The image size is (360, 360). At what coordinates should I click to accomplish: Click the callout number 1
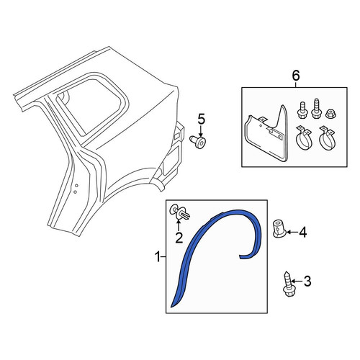pyautogui.click(x=158, y=257)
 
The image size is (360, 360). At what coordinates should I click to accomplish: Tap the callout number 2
pyautogui.click(x=179, y=238)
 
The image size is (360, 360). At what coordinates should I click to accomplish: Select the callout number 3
pyautogui.click(x=307, y=281)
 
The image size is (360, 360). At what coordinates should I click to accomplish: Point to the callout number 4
pyautogui.click(x=303, y=232)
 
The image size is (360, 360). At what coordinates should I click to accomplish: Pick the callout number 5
pyautogui.click(x=201, y=120)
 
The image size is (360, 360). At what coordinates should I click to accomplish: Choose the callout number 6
pyautogui.click(x=296, y=76)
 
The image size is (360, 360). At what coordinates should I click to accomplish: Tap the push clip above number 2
pyautogui.click(x=180, y=212)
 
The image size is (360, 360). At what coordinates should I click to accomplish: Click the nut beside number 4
pyautogui.click(x=279, y=229)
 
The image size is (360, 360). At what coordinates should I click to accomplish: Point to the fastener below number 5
pyautogui.click(x=198, y=143)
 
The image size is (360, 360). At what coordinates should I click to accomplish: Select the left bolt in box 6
pyautogui.click(x=301, y=110)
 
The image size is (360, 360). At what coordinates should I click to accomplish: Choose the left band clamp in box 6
pyautogui.click(x=303, y=138)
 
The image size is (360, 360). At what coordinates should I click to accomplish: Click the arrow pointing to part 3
pyautogui.click(x=297, y=282)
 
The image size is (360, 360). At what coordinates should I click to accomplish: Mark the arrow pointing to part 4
pyautogui.click(x=292, y=232)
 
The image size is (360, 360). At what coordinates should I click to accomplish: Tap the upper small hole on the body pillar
pyautogui.click(x=76, y=185)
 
